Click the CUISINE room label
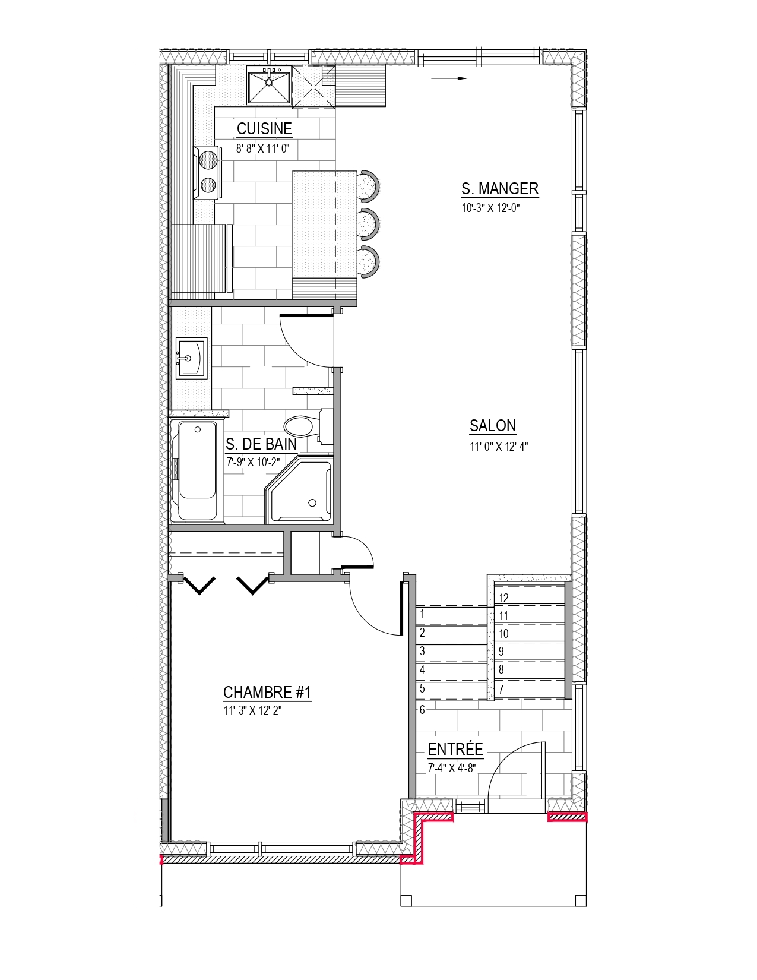click(x=264, y=129)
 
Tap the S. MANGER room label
click(x=499, y=188)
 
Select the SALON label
click(x=492, y=426)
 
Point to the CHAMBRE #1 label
click(x=267, y=693)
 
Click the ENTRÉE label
click(x=455, y=749)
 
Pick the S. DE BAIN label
click(x=261, y=445)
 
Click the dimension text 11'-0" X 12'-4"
click(x=498, y=447)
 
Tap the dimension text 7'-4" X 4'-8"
click(x=452, y=768)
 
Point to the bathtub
click(x=197, y=471)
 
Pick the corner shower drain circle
click(x=312, y=502)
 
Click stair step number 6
click(x=422, y=709)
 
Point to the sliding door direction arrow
click(x=449, y=78)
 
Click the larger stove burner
click(x=208, y=160)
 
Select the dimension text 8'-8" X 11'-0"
click(x=262, y=148)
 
